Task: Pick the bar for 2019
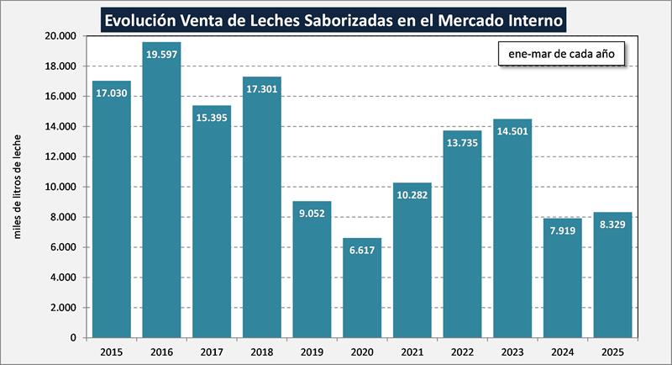click(312, 269)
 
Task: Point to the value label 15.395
click(212, 142)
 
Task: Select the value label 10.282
click(412, 195)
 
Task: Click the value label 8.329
click(612, 225)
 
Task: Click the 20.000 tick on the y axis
click(58, 36)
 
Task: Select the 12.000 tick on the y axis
click(58, 156)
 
